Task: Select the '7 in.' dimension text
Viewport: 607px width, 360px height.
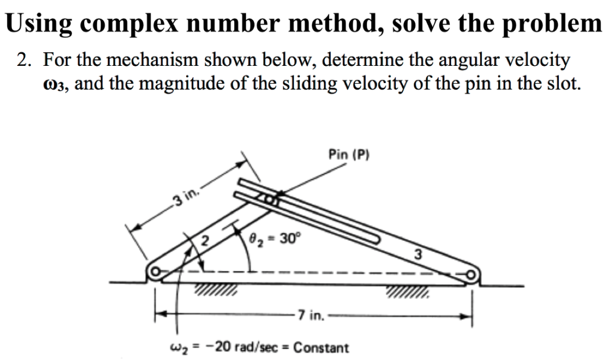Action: (311, 316)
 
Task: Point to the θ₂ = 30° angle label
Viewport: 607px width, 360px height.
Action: (276, 239)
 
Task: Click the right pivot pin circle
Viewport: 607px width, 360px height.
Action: (471, 276)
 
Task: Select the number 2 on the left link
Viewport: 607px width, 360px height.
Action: (205, 241)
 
